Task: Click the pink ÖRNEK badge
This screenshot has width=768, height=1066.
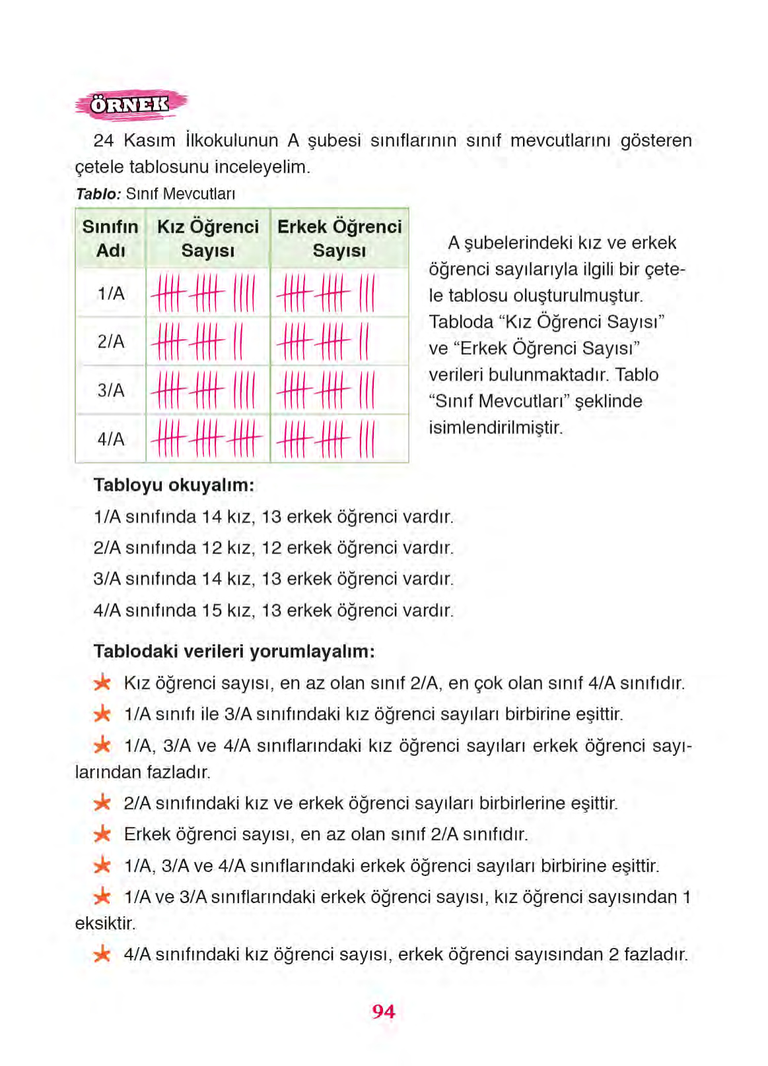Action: pyautogui.click(x=130, y=105)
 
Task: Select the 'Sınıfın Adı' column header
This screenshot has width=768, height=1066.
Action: pyautogui.click(x=110, y=238)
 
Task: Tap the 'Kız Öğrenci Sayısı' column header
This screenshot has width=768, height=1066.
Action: pyautogui.click(x=208, y=238)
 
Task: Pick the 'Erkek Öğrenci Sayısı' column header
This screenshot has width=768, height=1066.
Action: pyautogui.click(x=339, y=238)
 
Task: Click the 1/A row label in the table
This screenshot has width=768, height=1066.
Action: pyautogui.click(x=110, y=293)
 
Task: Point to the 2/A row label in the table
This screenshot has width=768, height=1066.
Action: pyautogui.click(x=110, y=342)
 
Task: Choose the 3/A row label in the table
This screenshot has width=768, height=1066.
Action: pyautogui.click(x=110, y=391)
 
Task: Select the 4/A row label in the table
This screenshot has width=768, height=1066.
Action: pyautogui.click(x=110, y=439)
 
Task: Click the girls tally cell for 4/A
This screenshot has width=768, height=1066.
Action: pyautogui.click(x=207, y=439)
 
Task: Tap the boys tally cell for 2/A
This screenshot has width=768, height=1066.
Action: pyautogui.click(x=339, y=342)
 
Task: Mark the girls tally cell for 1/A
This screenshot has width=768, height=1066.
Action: pyautogui.click(x=207, y=293)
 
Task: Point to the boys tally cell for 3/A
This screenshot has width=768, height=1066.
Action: pyautogui.click(x=339, y=391)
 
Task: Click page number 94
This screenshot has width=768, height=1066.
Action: pyautogui.click(x=383, y=1011)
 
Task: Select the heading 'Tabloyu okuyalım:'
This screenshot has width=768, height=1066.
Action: pyautogui.click(x=174, y=485)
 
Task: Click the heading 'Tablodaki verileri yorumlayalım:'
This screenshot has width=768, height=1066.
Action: pyautogui.click(x=234, y=651)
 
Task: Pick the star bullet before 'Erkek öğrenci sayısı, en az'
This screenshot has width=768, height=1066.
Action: pyautogui.click(x=102, y=834)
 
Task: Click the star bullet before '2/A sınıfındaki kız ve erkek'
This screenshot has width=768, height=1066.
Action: pyautogui.click(x=102, y=803)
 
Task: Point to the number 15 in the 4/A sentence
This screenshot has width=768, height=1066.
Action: pyautogui.click(x=212, y=610)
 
